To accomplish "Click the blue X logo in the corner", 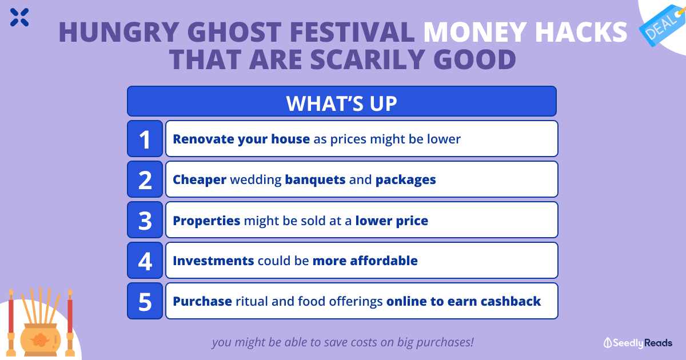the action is click(19, 17).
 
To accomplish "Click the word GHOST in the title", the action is click(234, 32).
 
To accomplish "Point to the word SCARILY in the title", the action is click(368, 59).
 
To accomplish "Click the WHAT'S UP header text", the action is click(341, 103).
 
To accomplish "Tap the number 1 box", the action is click(145, 139).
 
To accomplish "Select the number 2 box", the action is click(145, 179).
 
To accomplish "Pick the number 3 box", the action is click(145, 220).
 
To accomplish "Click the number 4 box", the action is click(145, 260).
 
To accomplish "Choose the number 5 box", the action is click(145, 301).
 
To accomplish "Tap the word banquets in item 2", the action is click(315, 179).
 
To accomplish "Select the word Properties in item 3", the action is click(206, 221).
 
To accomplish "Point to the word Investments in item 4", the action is click(213, 261).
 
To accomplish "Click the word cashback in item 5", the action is click(510, 301).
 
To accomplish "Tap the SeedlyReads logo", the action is click(637, 343).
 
